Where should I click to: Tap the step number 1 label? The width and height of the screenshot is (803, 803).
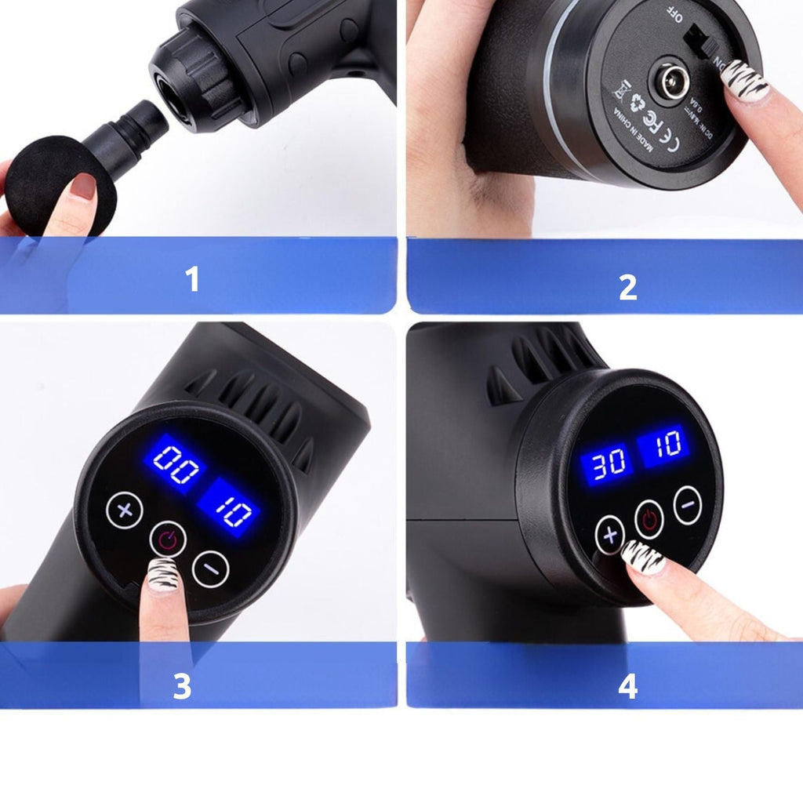(x=193, y=280)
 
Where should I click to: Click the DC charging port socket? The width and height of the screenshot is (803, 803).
(x=670, y=82)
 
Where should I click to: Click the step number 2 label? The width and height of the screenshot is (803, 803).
(x=627, y=288)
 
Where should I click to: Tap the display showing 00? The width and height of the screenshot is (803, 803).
(x=173, y=463)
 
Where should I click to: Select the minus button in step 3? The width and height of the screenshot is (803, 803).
(x=210, y=569)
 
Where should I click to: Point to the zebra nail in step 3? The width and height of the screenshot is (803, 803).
(x=164, y=576)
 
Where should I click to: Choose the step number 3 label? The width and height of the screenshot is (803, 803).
(x=182, y=687)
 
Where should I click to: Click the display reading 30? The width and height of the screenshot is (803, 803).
(x=606, y=463)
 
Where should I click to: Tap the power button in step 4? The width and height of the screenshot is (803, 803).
(x=649, y=518)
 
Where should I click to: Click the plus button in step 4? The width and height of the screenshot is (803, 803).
(x=610, y=536)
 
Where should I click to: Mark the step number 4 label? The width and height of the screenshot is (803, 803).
(x=627, y=687)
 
